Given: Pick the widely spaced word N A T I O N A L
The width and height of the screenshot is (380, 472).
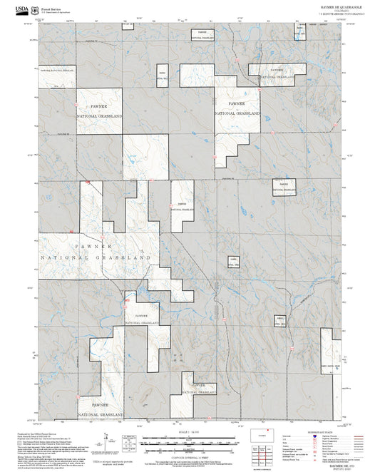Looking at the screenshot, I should point(64,257).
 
